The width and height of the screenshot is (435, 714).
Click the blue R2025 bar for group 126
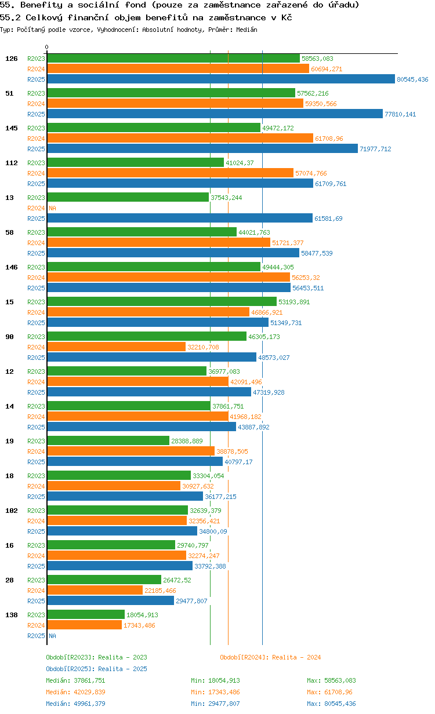pyautogui.click(x=221, y=79)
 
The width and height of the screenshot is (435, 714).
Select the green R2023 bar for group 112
pyautogui.click(x=135, y=163)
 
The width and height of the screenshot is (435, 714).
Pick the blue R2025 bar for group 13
pyautogui.click(x=180, y=218)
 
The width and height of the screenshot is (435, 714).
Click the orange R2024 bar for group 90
pyautogui.click(x=116, y=347)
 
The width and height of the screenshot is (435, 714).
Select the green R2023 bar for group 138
pyautogui.click(x=86, y=615)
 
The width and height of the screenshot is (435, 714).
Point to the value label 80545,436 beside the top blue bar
pyautogui.click(x=412, y=79)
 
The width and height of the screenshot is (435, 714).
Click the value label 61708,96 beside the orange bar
pyautogui.click(x=331, y=139)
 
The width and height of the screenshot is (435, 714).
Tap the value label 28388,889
pyautogui.click(x=187, y=441)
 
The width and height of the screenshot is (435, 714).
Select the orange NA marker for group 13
pyautogui.click(x=52, y=208)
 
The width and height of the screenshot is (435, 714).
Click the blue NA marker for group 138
pyautogui.click(x=52, y=636)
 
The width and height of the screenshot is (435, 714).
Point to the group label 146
pyautogui.click(x=12, y=267)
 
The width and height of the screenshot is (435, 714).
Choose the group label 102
pyautogui.click(x=12, y=511)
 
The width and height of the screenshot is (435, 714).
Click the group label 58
pyautogui.click(x=10, y=232)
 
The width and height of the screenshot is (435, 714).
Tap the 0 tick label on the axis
pyautogui.click(x=47, y=48)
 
